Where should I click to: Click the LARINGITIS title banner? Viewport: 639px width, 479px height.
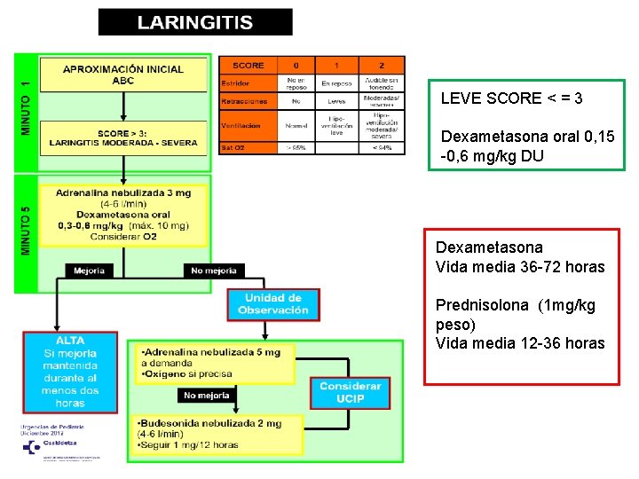pyautogui.click(x=195, y=22)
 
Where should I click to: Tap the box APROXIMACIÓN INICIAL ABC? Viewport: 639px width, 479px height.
pyautogui.click(x=123, y=75)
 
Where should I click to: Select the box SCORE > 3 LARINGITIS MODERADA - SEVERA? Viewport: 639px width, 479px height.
pyautogui.click(x=123, y=137)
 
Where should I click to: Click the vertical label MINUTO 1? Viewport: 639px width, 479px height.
pyautogui.click(x=26, y=109)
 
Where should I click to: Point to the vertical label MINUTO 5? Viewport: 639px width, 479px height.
pyautogui.click(x=26, y=231)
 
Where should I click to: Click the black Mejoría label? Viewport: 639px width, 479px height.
pyautogui.click(x=89, y=271)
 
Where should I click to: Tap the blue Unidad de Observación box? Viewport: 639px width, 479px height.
pyautogui.click(x=273, y=303)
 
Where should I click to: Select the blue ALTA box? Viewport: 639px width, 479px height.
pyautogui.click(x=70, y=372)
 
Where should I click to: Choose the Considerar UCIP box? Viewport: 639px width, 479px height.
pyautogui.click(x=350, y=392)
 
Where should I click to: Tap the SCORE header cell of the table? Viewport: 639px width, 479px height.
pyautogui.click(x=248, y=65)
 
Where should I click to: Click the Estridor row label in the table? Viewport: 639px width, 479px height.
pyautogui.click(x=236, y=83)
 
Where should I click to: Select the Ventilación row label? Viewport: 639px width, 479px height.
pyautogui.click(x=241, y=126)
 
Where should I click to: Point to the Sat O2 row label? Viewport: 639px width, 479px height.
pyautogui.click(x=233, y=148)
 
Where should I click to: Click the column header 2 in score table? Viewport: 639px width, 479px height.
pyautogui.click(x=382, y=65)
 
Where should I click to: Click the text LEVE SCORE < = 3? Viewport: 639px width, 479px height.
pyautogui.click(x=511, y=98)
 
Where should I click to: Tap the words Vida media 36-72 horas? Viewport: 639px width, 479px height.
pyautogui.click(x=520, y=267)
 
